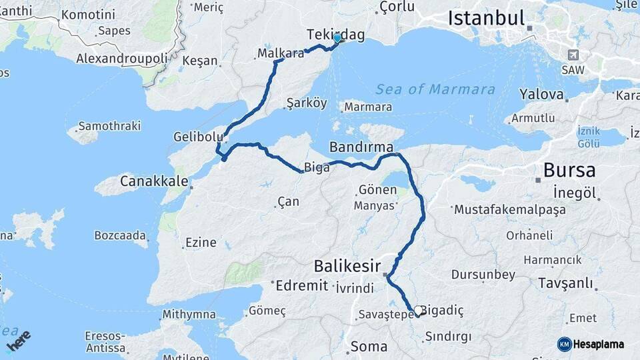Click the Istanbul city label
[486, 19]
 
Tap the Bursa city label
[569, 170]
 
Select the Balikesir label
[347, 267]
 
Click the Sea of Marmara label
[435, 89]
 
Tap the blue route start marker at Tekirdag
[337, 38]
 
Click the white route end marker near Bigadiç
[418, 310]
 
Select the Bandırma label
[361, 146]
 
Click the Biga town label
[317, 167]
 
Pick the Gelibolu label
[197, 136]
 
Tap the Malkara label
[280, 53]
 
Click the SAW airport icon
[572, 55]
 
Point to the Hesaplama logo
[591, 344]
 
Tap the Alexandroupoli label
[121, 58]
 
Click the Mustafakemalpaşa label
[510, 209]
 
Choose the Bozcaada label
[120, 235]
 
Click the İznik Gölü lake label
[589, 137]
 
